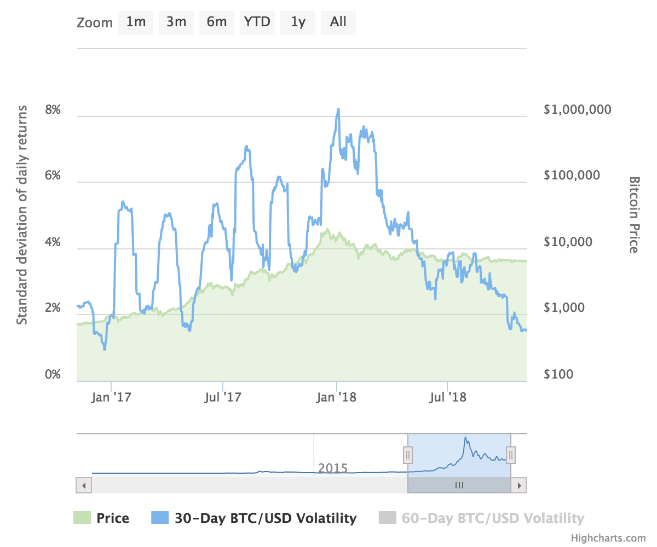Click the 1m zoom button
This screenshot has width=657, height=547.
(136, 22)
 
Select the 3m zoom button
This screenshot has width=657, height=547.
(176, 22)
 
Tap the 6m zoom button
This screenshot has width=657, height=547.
(216, 22)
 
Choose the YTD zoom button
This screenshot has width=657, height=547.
(257, 22)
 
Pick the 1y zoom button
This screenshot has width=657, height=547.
(298, 22)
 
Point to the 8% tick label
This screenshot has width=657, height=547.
(53, 110)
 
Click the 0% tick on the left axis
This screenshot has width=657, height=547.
(53, 374)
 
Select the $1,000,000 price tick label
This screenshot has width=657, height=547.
(577, 110)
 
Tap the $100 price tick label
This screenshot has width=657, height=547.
(558, 374)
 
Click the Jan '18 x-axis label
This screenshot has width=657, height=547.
(336, 397)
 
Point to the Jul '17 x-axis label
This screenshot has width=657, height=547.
(222, 397)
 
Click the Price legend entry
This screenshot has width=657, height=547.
(101, 519)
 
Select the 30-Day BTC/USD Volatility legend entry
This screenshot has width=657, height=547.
(254, 519)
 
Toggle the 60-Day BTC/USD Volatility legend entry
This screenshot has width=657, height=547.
(481, 519)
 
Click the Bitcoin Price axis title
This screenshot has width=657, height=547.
(635, 215)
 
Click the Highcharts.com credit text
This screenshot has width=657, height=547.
(608, 538)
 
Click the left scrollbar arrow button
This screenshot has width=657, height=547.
(84, 485)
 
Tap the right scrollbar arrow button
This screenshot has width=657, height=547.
(519, 485)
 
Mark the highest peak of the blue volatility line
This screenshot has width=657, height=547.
(338, 109)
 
